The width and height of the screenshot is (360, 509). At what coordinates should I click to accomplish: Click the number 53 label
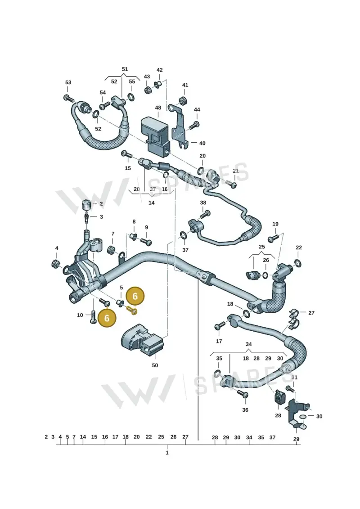coord(68,82)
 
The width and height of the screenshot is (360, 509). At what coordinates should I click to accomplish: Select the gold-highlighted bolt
coord(132,311)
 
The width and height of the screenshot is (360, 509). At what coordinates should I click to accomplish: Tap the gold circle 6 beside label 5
coord(135,296)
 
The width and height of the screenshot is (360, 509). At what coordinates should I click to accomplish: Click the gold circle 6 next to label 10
coord(107,318)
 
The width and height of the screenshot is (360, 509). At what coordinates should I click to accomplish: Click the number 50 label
coord(155,365)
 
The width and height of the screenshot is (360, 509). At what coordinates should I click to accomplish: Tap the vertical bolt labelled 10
coord(93,317)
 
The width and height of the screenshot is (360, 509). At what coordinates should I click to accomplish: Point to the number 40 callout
coord(202,143)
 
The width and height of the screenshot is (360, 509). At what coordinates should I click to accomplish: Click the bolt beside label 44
coord(195,124)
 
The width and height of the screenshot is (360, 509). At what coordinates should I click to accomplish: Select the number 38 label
coord(203,203)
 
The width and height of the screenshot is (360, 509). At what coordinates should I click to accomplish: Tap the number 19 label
coord(275,224)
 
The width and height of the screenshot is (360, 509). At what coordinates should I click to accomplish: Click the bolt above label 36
coord(243,394)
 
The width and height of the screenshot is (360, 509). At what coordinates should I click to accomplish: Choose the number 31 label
coord(294,377)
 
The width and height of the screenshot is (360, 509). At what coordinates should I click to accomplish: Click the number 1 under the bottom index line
coord(167,452)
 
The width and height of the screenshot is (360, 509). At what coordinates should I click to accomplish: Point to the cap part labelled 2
coord(85,205)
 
